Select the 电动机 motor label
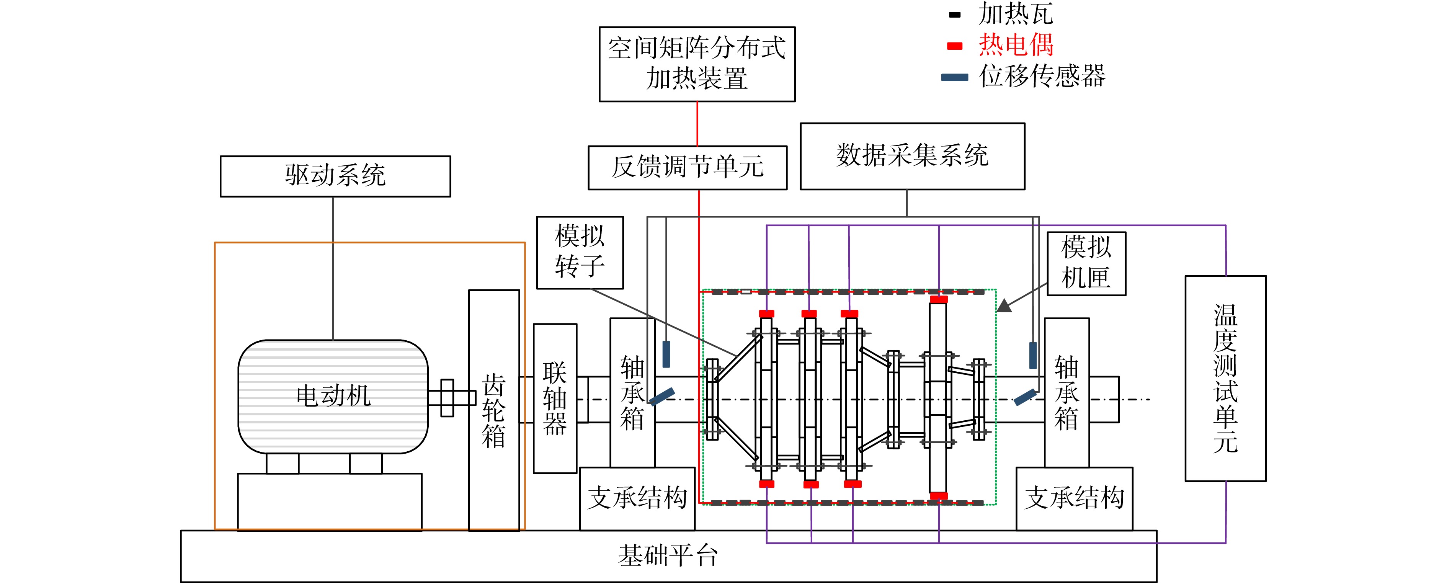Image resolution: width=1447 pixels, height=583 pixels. pos(334,395)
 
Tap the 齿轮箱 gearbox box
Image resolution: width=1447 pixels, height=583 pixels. pos(494,410)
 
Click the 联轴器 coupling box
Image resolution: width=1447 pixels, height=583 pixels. pos(555,398)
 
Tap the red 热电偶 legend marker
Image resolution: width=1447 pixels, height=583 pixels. pos(955,46)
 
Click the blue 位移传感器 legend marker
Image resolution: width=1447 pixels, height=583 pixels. pos(955,77)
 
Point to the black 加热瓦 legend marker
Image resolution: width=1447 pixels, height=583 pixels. pos(955,15)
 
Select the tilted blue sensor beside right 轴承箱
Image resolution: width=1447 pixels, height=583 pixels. pos(1025,397)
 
